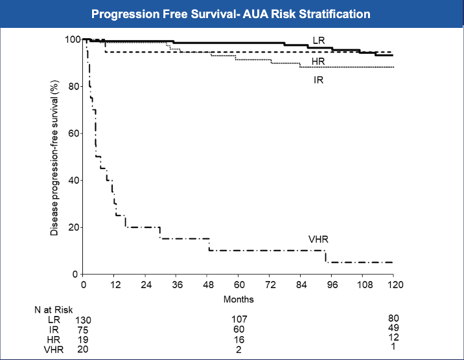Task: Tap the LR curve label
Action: [319, 41]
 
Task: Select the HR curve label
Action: [318, 61]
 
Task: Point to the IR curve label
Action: [319, 80]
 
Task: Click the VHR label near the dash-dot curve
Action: [318, 239]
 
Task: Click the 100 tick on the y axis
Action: [72, 39]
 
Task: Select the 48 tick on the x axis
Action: [209, 285]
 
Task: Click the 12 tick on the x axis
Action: [115, 285]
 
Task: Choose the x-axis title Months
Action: [238, 299]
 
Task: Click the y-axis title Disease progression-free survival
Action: [54, 158]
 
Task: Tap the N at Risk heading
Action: [54, 309]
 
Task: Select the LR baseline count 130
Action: [83, 320]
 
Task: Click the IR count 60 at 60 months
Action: [239, 330]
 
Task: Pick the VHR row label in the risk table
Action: [54, 350]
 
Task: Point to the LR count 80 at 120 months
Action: [393, 319]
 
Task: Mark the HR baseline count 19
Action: [83, 340]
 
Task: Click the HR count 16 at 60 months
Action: [239, 340]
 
